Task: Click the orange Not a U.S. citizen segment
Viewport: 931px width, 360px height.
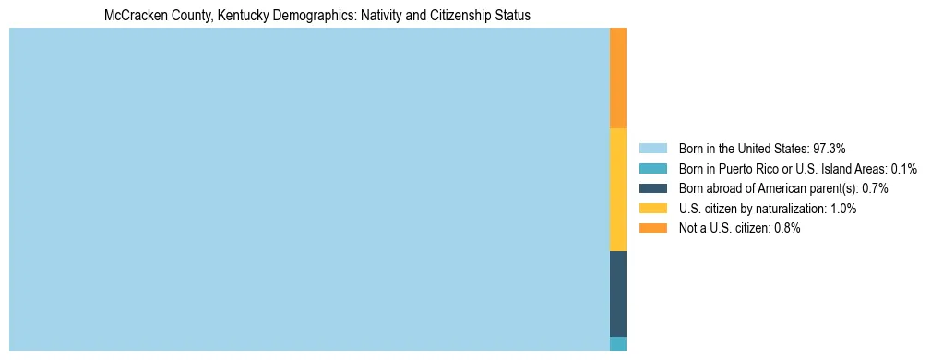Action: pyautogui.click(x=618, y=78)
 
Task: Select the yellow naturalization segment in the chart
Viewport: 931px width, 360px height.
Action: pyautogui.click(x=618, y=189)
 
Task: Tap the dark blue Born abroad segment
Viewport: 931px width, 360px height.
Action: pyautogui.click(x=618, y=294)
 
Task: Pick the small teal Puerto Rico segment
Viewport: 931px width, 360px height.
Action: pyautogui.click(x=618, y=343)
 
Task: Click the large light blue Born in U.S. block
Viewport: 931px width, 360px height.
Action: pyautogui.click(x=309, y=189)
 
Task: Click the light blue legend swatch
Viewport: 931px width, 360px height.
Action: pyautogui.click(x=652, y=148)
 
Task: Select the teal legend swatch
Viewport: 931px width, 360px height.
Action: pyautogui.click(x=652, y=168)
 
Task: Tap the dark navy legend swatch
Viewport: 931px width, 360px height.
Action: pyautogui.click(x=652, y=188)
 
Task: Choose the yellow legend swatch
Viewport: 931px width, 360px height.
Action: pyautogui.click(x=652, y=209)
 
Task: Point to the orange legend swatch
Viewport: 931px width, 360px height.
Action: pyautogui.click(x=652, y=228)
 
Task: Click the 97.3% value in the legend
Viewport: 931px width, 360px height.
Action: pyautogui.click(x=830, y=148)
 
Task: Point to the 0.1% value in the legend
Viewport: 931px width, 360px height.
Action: pyautogui.click(x=904, y=168)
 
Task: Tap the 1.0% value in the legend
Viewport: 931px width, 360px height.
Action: pyautogui.click(x=843, y=209)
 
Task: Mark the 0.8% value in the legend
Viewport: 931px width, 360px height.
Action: pyautogui.click(x=787, y=228)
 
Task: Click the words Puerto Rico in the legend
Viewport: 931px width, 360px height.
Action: pyautogui.click(x=745, y=168)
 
